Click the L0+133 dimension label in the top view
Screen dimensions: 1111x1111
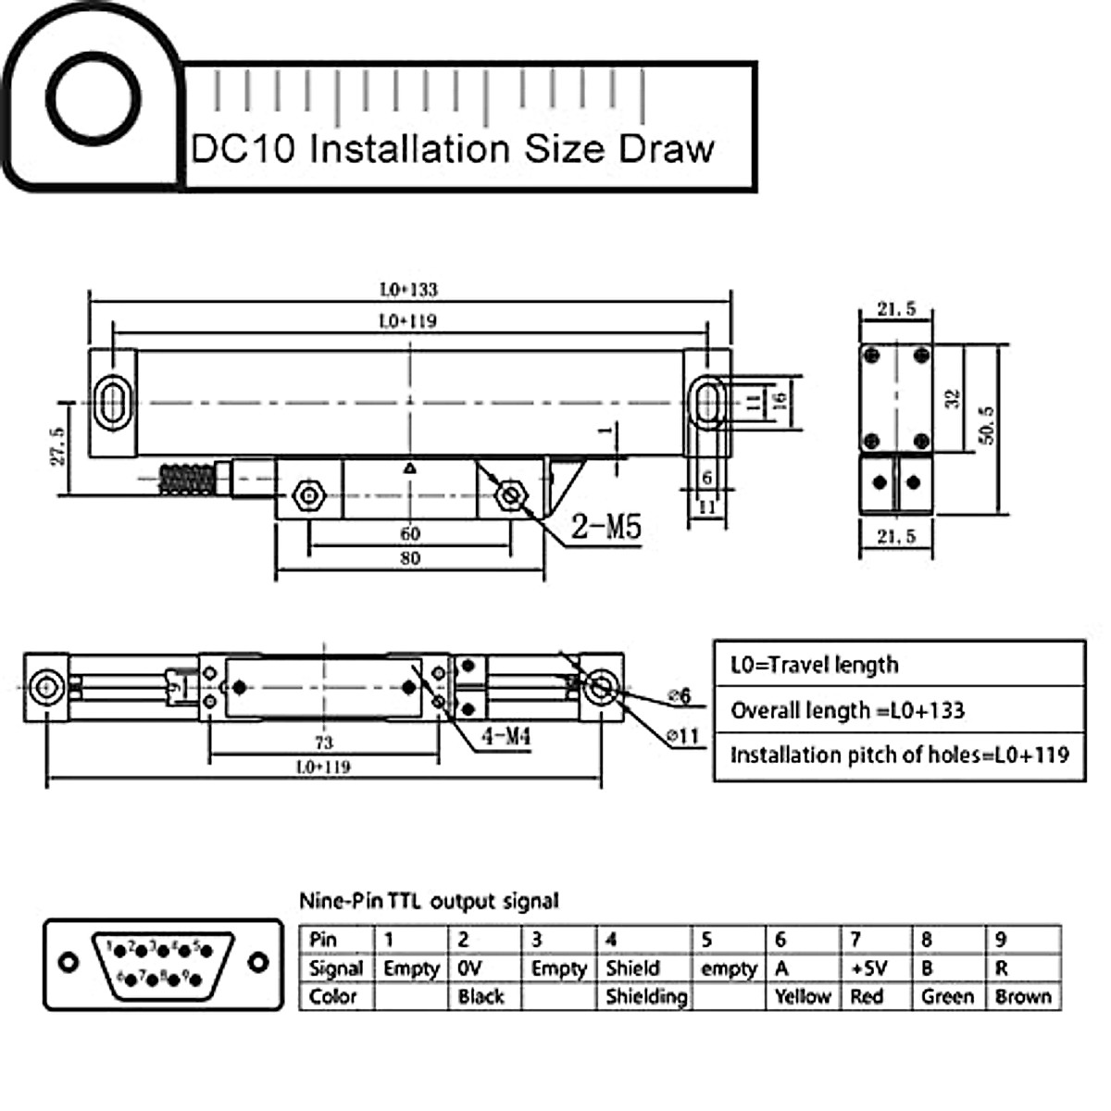click(x=408, y=290)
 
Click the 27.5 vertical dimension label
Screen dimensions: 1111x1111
click(x=57, y=446)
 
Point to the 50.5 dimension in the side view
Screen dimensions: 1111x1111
click(x=987, y=425)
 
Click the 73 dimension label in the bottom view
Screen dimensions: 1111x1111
click(x=323, y=742)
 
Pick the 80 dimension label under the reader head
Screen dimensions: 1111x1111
click(x=410, y=558)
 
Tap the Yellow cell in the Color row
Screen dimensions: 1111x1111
click(x=803, y=997)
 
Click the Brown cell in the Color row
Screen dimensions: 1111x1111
click(x=1023, y=997)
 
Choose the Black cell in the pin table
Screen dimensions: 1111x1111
click(x=481, y=997)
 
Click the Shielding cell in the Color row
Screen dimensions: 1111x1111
click(x=645, y=997)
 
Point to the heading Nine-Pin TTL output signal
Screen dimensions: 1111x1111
click(x=429, y=901)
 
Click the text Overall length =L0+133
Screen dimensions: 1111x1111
click(x=847, y=711)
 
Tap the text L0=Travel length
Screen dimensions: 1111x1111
click(x=814, y=665)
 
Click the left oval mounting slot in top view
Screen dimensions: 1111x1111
click(x=113, y=403)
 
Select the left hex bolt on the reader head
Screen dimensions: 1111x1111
click(x=306, y=496)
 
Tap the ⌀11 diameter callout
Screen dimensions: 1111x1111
click(x=682, y=736)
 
